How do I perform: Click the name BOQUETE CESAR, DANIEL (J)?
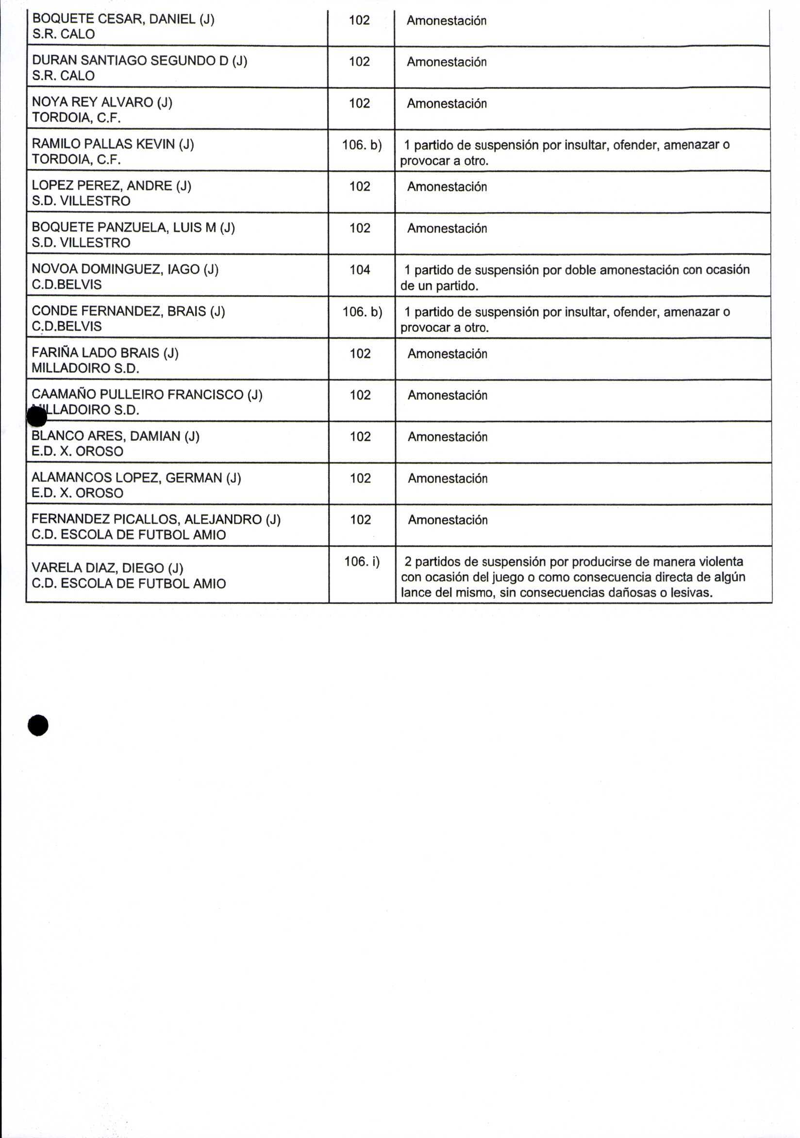pos(123,19)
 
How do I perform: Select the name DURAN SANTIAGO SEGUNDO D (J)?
pos(139,61)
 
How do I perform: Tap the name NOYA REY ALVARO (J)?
pos(102,102)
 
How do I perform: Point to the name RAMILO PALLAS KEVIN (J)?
pos(113,144)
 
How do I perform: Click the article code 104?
pos(360,269)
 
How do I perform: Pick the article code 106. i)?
pos(362,561)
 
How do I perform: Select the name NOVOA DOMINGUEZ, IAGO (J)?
pos(125,269)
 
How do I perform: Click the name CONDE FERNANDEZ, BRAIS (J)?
pos(128,311)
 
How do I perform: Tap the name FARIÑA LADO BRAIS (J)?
pos(105,352)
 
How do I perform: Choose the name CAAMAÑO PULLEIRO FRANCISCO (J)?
pos(147,394)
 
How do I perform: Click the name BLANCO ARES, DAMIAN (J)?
pos(116,435)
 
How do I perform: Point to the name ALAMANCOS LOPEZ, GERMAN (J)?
pos(136,477)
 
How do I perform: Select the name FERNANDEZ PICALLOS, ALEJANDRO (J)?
pos(156,519)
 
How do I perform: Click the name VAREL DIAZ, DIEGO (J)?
pos(108,568)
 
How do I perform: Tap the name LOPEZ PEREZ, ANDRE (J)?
pos(112,185)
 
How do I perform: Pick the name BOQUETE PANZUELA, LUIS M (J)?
pos(133,227)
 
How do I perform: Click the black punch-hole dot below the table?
pos(38,725)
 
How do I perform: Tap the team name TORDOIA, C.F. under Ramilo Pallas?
pos(76,159)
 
